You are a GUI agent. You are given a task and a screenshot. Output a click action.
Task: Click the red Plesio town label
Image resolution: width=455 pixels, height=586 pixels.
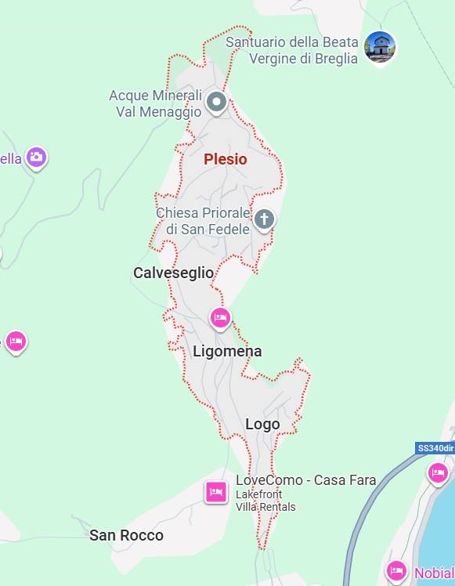[226, 159]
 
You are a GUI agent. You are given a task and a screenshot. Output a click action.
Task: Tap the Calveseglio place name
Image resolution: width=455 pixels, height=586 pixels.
[173, 273]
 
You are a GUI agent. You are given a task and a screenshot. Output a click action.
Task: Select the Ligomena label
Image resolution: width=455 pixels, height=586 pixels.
[227, 351]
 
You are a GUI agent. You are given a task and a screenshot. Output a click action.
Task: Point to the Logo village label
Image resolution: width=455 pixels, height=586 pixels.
[262, 424]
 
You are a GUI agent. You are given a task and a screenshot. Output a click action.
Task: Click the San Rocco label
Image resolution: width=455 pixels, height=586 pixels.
[126, 535]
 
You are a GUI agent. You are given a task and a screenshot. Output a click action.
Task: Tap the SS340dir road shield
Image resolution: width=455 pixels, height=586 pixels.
[435, 448]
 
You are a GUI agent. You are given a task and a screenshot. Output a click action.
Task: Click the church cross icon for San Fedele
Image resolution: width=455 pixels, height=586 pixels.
[265, 219]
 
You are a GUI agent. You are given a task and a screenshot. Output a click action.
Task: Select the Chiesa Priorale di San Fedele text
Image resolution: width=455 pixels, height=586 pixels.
[203, 221]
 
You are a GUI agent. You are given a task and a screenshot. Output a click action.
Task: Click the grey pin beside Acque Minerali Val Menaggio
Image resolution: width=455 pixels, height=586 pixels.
[216, 102]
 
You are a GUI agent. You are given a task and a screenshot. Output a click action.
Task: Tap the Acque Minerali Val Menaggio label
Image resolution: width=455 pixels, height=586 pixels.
[155, 103]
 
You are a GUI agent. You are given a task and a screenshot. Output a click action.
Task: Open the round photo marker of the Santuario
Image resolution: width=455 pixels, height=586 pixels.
[381, 47]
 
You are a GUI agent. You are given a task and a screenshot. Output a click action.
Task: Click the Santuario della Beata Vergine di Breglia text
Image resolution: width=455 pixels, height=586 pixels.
[292, 50]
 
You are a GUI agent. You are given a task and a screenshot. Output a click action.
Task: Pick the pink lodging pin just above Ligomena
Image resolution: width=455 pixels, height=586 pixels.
[220, 317]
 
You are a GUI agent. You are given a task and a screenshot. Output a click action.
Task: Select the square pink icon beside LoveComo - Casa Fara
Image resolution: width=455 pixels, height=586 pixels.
[216, 491]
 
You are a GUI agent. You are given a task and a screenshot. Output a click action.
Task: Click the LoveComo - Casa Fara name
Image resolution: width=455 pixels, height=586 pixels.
[306, 480]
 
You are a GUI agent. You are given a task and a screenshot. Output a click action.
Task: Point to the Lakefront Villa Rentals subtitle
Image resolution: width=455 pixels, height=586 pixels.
[265, 501]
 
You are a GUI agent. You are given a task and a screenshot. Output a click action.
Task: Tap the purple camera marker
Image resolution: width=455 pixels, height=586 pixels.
[36, 157]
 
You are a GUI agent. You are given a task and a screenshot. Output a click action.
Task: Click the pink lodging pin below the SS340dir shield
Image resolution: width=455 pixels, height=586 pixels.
[438, 472]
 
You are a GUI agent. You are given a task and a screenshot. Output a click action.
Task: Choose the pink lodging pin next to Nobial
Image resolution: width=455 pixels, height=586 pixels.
[397, 570]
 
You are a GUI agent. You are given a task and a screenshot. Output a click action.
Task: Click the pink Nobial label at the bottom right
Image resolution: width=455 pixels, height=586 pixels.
[434, 573]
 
